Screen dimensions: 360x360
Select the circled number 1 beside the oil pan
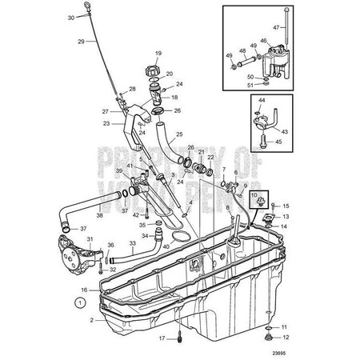click(x=79, y=302)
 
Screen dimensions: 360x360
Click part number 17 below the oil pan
click(x=162, y=339)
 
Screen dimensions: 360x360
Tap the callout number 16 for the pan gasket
click(x=83, y=290)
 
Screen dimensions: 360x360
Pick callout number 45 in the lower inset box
click(x=280, y=142)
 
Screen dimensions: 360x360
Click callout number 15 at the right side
click(x=286, y=206)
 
